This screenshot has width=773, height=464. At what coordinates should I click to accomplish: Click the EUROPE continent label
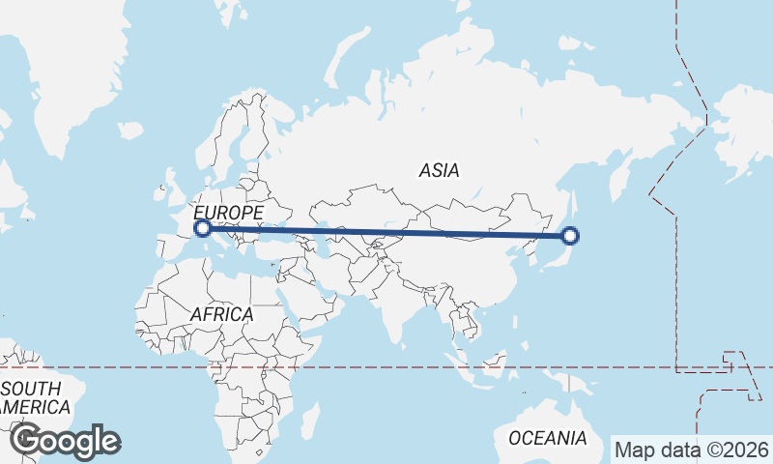pyautogui.click(x=228, y=212)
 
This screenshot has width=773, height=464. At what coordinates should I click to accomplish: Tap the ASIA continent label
pyautogui.click(x=439, y=171)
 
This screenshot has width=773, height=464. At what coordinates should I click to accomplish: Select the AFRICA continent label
pyautogui.click(x=221, y=315)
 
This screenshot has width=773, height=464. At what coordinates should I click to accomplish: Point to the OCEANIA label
pyautogui.click(x=547, y=438)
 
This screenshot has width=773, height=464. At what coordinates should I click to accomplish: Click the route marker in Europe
pyautogui.click(x=203, y=228)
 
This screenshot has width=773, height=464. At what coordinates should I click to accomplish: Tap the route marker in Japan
pyautogui.click(x=570, y=235)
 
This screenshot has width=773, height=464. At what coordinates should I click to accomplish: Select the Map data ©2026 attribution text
pyautogui.click(x=692, y=449)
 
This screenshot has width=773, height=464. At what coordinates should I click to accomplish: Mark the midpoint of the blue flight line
pyautogui.click(x=386, y=232)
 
